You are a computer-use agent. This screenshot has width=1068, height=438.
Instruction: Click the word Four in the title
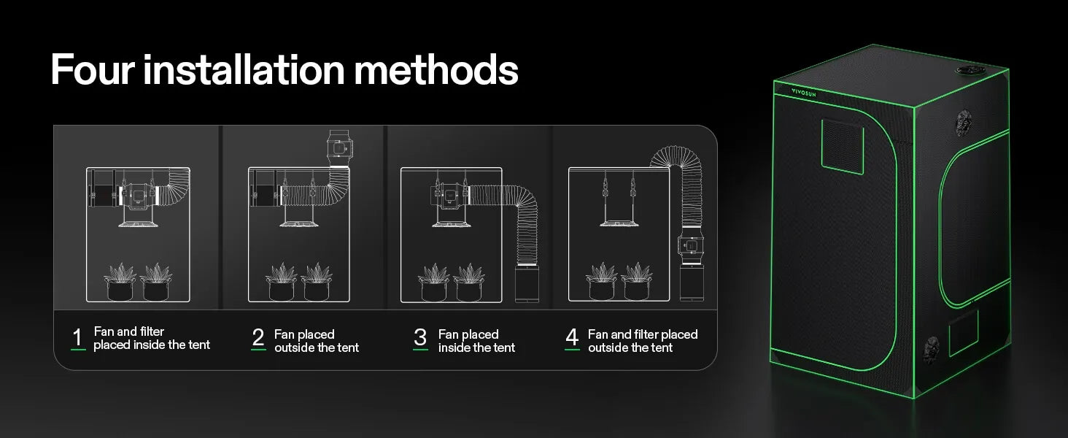(93, 70)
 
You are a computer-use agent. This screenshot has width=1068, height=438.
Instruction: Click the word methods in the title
(436, 70)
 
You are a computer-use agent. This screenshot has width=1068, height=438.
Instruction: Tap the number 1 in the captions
(77, 337)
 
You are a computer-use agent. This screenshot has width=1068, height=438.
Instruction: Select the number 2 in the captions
(258, 337)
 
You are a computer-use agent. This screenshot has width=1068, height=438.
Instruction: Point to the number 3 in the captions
(420, 337)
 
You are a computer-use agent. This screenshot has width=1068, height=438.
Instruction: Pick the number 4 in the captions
(572, 337)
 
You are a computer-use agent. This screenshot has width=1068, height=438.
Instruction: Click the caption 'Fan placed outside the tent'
(316, 341)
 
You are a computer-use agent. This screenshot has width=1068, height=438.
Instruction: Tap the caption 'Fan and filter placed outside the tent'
(643, 341)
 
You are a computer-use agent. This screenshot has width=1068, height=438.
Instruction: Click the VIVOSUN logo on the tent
(804, 93)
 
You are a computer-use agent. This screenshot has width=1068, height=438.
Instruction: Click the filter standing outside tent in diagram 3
(527, 283)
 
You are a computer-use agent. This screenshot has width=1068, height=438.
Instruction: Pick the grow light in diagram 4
(619, 222)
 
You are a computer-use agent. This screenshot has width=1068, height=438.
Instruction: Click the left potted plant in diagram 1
(120, 282)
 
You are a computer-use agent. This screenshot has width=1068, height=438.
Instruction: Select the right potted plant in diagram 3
(469, 282)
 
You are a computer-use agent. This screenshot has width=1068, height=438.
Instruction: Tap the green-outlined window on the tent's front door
(843, 146)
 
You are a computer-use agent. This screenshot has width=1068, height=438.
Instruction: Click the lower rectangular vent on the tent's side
(963, 332)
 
